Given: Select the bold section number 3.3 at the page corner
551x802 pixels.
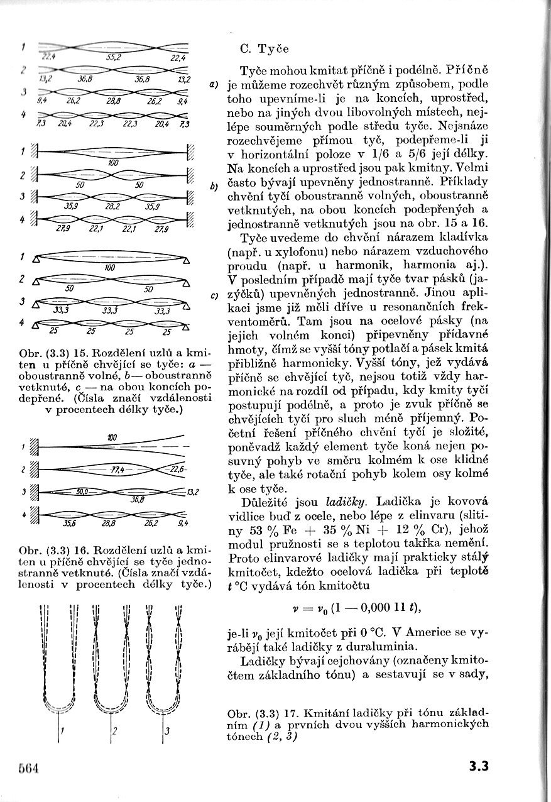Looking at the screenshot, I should click(x=478, y=766).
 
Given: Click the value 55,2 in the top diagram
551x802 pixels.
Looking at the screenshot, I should click(x=114, y=57).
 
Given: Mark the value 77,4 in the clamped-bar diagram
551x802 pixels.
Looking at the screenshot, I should click(x=118, y=470).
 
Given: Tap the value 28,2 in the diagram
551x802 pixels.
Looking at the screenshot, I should click(x=114, y=205).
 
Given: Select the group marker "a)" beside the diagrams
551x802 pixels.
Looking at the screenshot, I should click(x=214, y=85).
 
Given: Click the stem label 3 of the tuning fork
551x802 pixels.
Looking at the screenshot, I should click(x=165, y=731).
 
